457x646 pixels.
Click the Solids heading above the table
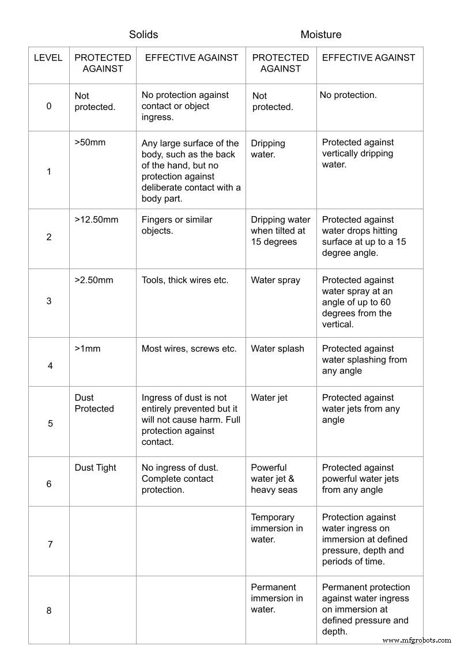[143, 35]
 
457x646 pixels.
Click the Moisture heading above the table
[320, 35]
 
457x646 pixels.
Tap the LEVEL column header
[48, 58]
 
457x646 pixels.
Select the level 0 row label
[49, 106]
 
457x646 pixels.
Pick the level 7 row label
[50, 544]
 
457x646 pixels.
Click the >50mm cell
[90, 142]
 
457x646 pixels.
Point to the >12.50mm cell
[96, 220]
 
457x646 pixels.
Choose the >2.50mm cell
[94, 280]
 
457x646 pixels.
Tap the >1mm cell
[88, 349]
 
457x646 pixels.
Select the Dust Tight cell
[96, 468]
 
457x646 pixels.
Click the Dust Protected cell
[95, 403]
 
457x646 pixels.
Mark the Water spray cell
[275, 280]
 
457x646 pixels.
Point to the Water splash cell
[277, 349]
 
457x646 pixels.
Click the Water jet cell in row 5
[269, 398]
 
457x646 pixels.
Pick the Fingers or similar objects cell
[177, 225]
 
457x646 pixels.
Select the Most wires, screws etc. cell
[189, 349]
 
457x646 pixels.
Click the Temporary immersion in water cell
[277, 528]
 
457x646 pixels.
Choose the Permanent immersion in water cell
[277, 598]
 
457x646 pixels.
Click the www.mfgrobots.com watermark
[417, 640]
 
